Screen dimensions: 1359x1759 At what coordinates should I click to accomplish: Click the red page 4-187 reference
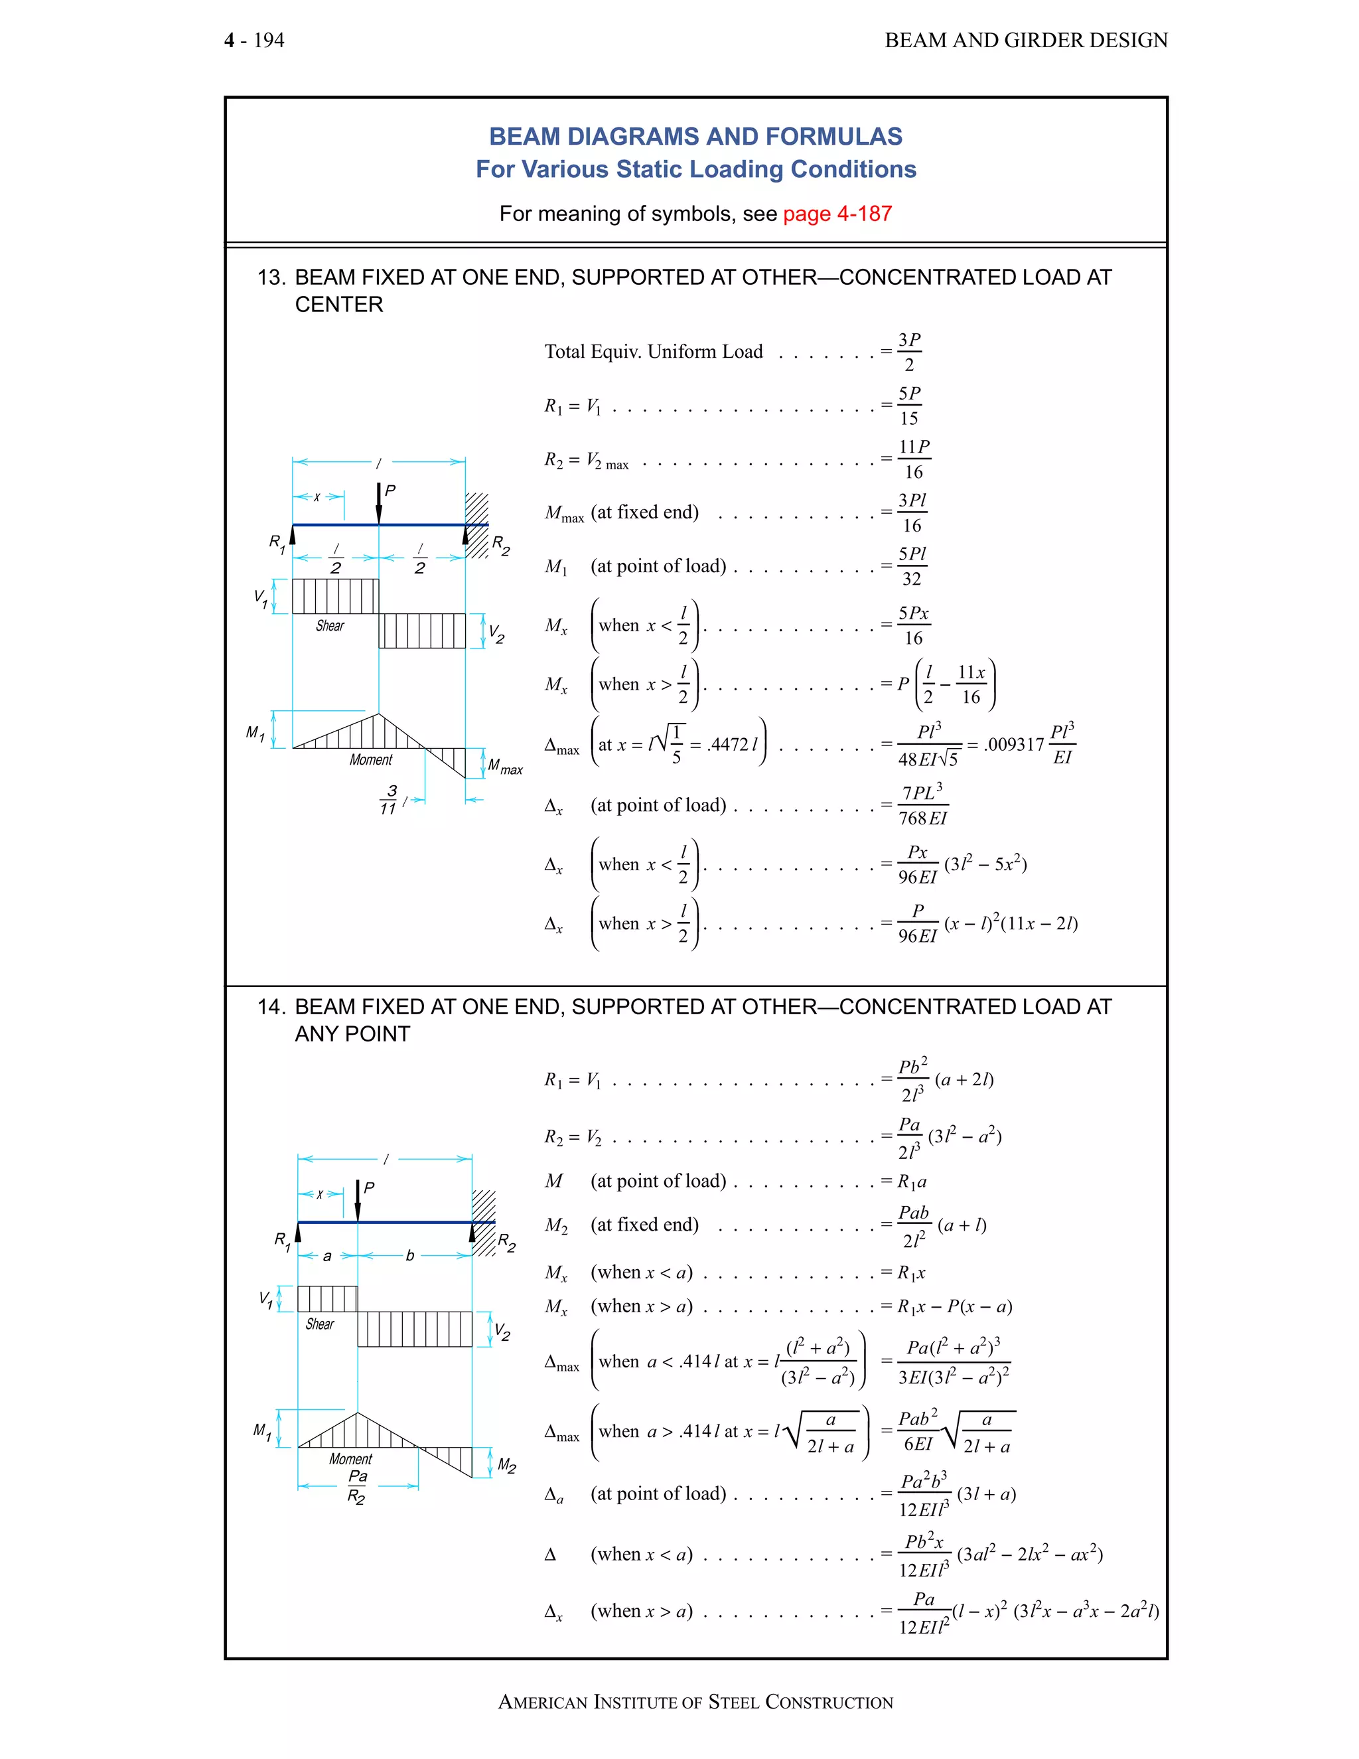pos(837,214)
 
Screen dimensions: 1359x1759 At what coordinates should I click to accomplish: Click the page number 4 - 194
pos(254,40)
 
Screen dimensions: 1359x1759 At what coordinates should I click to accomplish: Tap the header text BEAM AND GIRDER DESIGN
pos(1026,40)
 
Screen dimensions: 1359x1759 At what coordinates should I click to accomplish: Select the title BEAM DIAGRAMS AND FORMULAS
pos(695,136)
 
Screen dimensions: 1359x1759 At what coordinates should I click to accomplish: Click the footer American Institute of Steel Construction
pos(695,1702)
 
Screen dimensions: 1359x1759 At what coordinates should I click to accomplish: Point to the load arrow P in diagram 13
pos(379,503)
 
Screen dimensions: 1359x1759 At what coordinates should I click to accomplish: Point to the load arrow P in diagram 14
pos(358,1201)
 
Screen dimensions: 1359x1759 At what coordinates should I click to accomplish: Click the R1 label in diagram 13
pos(277,543)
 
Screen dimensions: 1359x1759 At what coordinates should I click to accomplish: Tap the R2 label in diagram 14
pos(506,1242)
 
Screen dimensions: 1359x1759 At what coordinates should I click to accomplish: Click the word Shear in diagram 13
pos(330,626)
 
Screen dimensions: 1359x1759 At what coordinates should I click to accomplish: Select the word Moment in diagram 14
pos(350,1458)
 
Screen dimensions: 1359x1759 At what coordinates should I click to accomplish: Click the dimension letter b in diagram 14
pos(410,1256)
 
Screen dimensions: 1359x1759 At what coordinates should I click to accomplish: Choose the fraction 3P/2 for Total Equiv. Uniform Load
pos(910,352)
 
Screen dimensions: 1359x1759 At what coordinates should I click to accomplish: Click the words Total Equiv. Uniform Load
pos(653,351)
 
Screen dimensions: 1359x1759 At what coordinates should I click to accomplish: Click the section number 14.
pos(271,1007)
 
